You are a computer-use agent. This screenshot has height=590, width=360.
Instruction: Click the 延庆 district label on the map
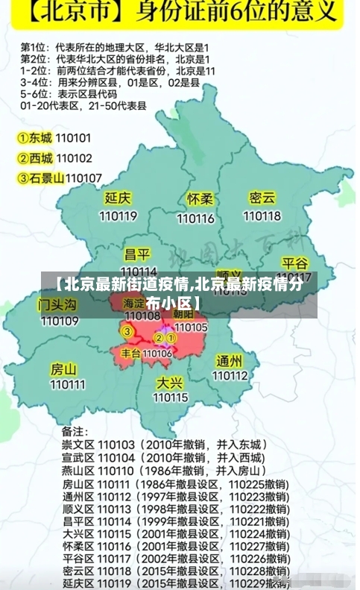coord(118,198)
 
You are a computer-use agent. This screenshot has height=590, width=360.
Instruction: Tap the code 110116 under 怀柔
coord(197,219)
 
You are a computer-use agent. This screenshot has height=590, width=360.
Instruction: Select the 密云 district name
coord(262,198)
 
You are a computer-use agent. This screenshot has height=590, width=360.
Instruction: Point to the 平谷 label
coord(295,263)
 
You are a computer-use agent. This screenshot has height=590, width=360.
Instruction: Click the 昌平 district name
coord(137,254)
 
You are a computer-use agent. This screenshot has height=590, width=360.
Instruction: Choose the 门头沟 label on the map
coord(58,305)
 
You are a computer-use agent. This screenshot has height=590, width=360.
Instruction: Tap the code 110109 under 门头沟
coord(60,321)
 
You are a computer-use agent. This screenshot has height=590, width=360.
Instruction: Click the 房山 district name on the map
coord(63,369)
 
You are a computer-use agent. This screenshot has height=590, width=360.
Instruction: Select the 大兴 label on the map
coord(170,382)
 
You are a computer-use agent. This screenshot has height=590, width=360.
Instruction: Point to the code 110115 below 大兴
coord(171,398)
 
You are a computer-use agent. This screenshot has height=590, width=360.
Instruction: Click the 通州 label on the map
coord(229,361)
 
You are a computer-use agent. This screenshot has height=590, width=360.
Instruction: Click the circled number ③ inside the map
coord(127,331)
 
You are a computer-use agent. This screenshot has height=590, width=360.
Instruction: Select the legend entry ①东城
coord(35,138)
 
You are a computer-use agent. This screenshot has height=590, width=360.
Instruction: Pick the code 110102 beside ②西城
coord(74,158)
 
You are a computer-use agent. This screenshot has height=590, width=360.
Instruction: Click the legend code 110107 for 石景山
coord(83,178)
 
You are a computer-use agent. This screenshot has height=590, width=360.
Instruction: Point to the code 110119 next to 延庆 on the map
coord(119,216)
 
